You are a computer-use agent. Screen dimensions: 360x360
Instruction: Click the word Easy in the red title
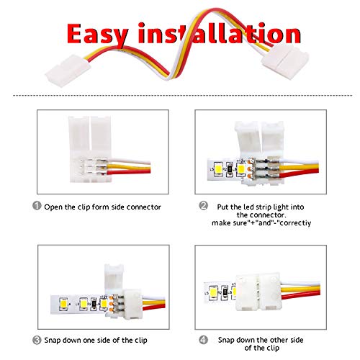[x=97, y=34]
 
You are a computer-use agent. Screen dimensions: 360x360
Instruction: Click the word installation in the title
[x=219, y=33]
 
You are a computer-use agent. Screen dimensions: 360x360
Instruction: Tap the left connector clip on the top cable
[x=68, y=71]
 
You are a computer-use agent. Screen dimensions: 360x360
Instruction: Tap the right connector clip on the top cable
[x=285, y=61]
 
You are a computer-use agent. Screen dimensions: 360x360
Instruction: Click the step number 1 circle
[x=37, y=205]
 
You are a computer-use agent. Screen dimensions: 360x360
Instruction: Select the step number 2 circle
[x=203, y=205]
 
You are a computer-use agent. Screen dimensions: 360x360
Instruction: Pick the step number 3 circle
[x=37, y=340]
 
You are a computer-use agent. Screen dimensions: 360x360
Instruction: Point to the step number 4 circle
[x=203, y=340]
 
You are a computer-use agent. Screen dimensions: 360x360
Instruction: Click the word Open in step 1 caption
[x=54, y=207]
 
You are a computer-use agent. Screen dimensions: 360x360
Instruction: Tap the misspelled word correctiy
[x=295, y=223]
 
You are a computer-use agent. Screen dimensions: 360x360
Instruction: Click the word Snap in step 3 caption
[x=53, y=341]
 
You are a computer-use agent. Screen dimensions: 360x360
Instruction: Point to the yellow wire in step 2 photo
[x=299, y=167]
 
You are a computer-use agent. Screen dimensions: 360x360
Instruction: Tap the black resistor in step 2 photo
[x=230, y=169]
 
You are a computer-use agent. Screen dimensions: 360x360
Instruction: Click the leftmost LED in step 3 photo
[x=63, y=304]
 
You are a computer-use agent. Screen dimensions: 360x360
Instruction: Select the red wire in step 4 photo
[x=301, y=295]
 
